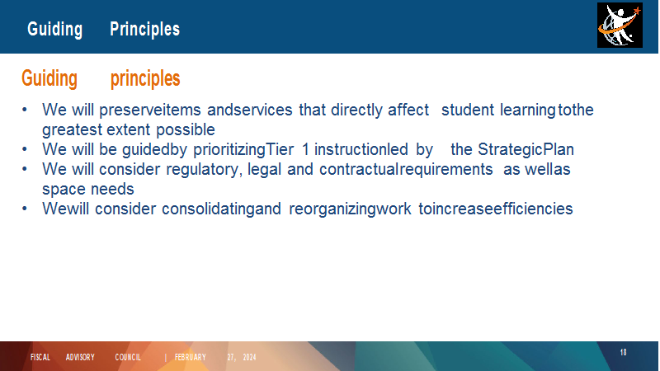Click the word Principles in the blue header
click(145, 30)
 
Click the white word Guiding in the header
click(54, 30)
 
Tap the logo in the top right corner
click(620, 26)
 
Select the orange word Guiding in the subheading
click(49, 78)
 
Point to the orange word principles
click(145, 79)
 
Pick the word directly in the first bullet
click(356, 110)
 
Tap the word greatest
click(72, 130)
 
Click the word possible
click(186, 130)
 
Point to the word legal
click(264, 170)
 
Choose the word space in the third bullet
click(64, 190)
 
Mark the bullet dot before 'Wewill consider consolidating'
click(25, 209)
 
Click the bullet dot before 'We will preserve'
click(25, 110)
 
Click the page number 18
click(624, 352)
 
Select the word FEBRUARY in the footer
click(191, 357)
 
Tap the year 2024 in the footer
click(250, 357)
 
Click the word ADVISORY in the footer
click(80, 357)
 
